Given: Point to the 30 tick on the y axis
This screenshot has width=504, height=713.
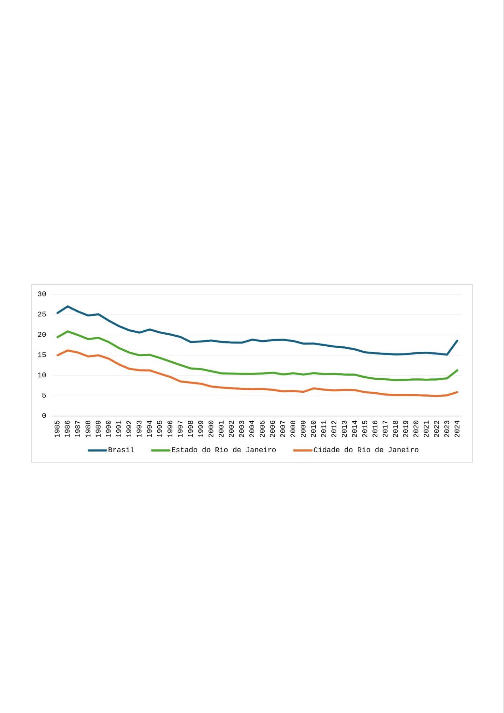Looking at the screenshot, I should click(x=42, y=294).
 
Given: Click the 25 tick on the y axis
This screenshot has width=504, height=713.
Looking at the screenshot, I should click(x=42, y=315).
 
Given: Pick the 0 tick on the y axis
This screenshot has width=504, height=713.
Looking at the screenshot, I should click(x=44, y=416).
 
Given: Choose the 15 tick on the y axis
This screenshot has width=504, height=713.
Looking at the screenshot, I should click(x=42, y=355).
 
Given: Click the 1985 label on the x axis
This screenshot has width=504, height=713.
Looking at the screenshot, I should click(x=57, y=429).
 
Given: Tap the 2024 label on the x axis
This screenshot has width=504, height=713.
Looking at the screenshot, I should click(x=457, y=429).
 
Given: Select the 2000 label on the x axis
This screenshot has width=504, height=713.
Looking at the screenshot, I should click(x=211, y=429).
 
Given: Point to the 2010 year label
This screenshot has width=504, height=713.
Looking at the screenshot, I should click(x=314, y=429).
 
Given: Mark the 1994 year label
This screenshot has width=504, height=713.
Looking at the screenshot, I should click(x=149, y=429).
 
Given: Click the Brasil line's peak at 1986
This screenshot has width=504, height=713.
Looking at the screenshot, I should click(x=67, y=306).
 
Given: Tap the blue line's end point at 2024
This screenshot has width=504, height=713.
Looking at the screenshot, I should click(x=457, y=341).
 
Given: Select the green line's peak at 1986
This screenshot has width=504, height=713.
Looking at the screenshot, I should click(x=67, y=331).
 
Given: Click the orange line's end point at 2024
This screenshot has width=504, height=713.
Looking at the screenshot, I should click(x=457, y=392).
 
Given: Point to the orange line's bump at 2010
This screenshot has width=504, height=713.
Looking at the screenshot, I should click(x=314, y=388).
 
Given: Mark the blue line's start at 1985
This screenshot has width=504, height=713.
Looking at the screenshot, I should click(x=57, y=313).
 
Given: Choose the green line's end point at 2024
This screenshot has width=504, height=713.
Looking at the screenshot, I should click(x=457, y=370).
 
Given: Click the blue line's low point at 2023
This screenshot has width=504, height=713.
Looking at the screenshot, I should click(x=447, y=355).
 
